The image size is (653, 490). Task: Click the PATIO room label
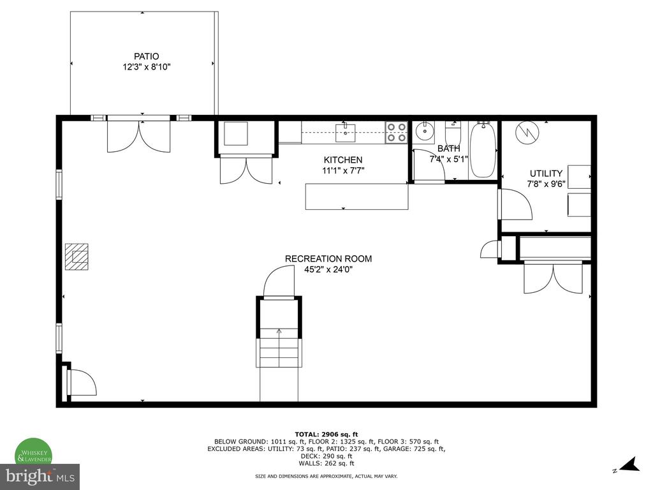(146, 56)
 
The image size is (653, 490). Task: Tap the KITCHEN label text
(343, 160)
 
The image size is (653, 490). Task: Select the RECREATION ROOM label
(328, 258)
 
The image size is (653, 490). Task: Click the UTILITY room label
(546, 174)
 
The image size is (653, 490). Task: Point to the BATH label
(449, 148)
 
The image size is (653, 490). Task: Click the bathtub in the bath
(483, 149)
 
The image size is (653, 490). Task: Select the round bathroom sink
(424, 133)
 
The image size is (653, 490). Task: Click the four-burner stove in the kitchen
(396, 133)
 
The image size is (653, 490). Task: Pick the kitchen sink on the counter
(346, 133)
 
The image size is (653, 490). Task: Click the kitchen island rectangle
(357, 197)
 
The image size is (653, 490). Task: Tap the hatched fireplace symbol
(77, 256)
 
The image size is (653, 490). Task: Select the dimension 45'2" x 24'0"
(328, 270)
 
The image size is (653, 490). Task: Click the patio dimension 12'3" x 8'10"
(146, 67)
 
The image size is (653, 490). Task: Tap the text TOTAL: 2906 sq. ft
(326, 434)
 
